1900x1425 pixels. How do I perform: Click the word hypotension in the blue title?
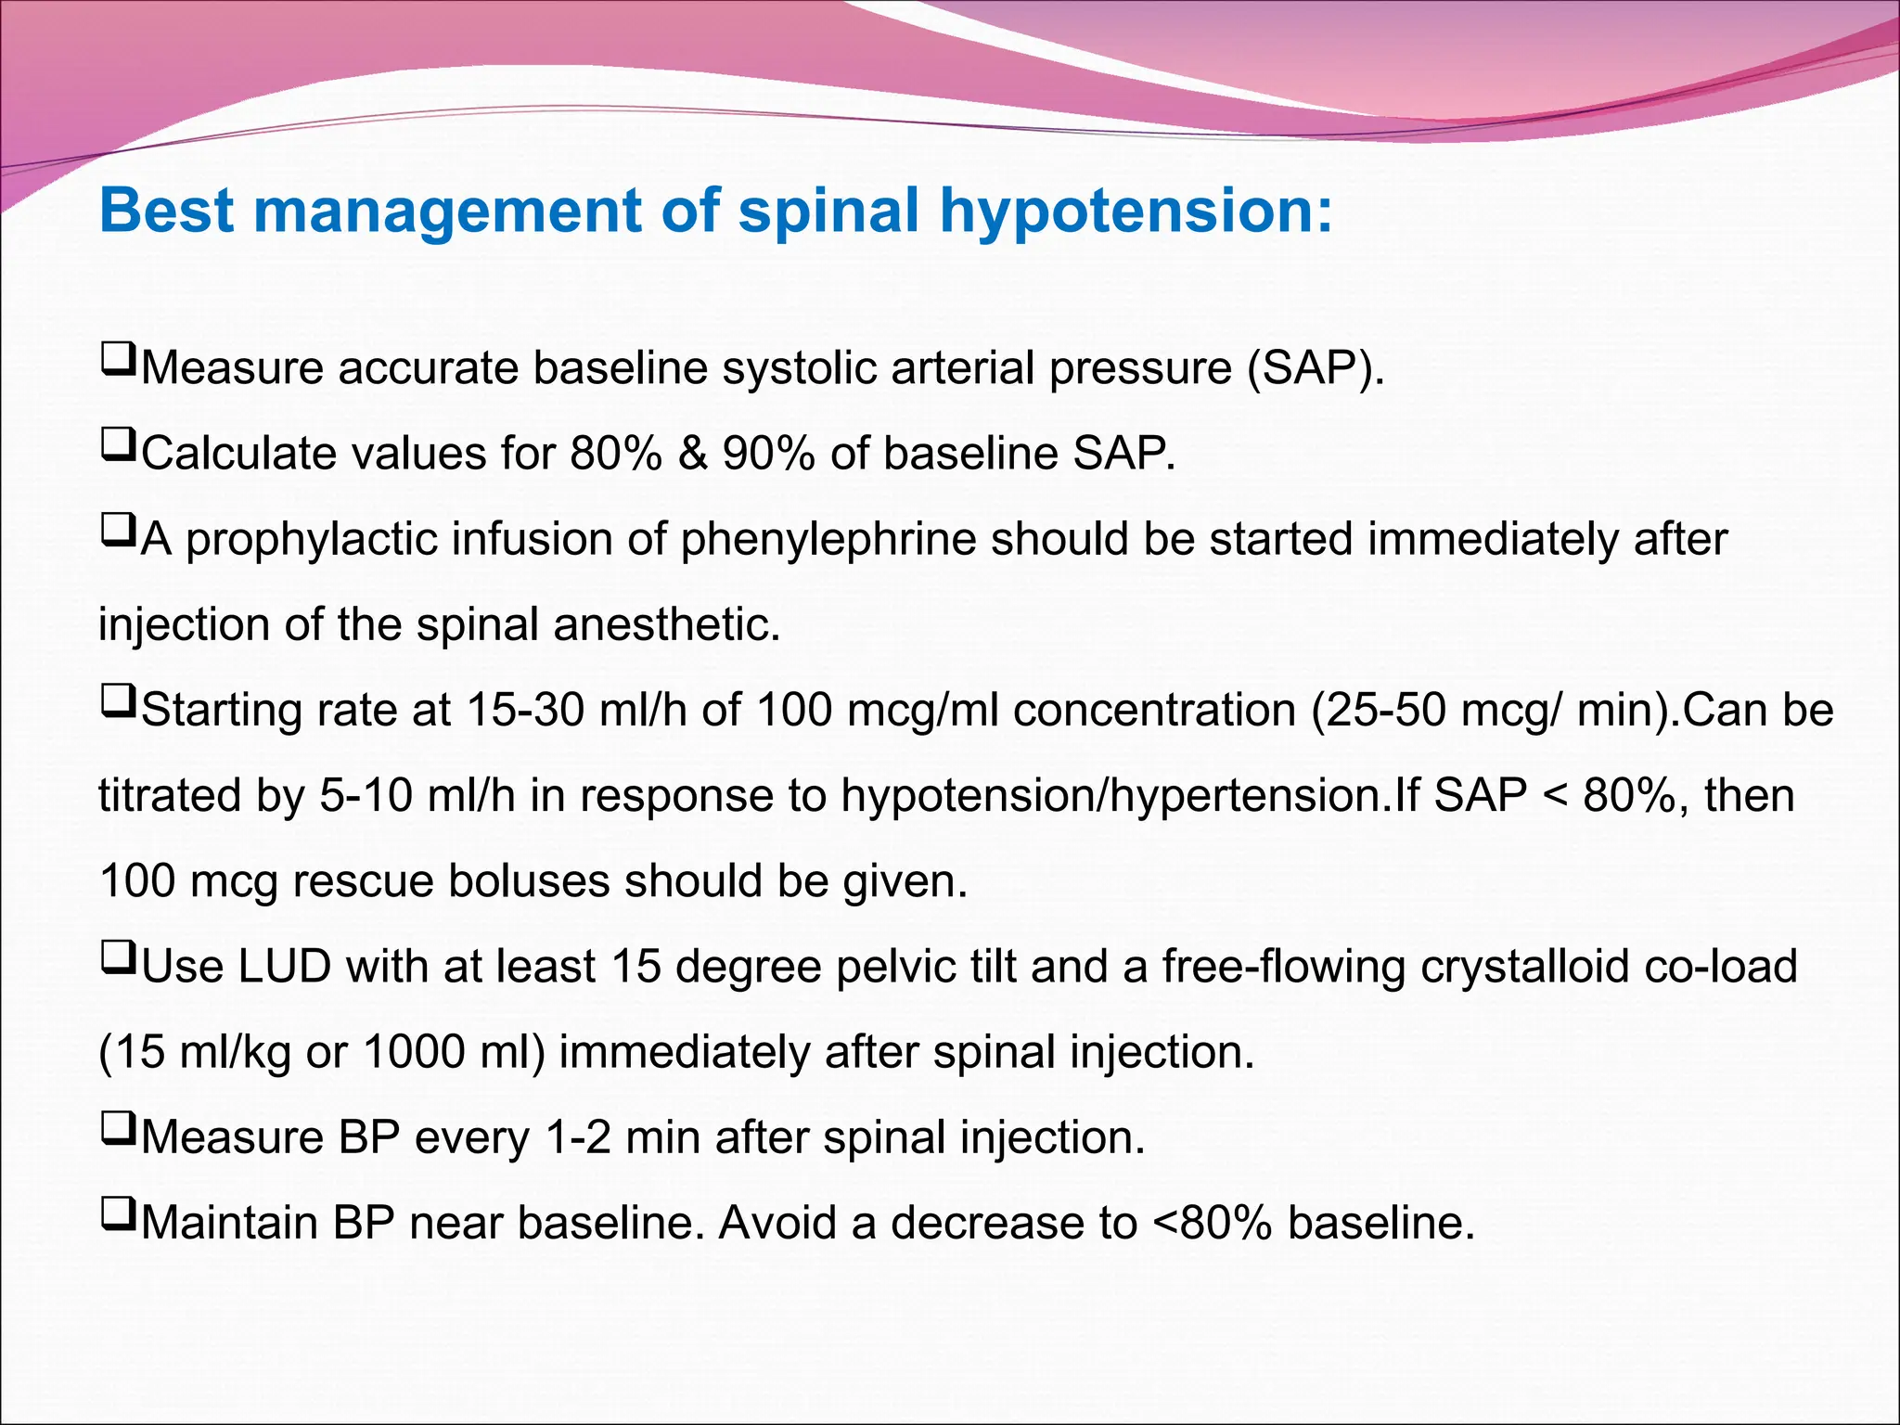pos(1136,212)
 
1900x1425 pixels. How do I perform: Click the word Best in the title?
pos(167,210)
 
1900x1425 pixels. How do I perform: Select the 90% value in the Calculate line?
pos(769,455)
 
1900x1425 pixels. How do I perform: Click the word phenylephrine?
pos(828,540)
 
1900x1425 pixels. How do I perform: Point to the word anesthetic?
pos(667,625)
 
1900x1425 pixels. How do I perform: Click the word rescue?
pos(362,881)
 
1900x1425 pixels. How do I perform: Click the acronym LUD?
pos(285,967)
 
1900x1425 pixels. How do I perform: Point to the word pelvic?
pos(893,967)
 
